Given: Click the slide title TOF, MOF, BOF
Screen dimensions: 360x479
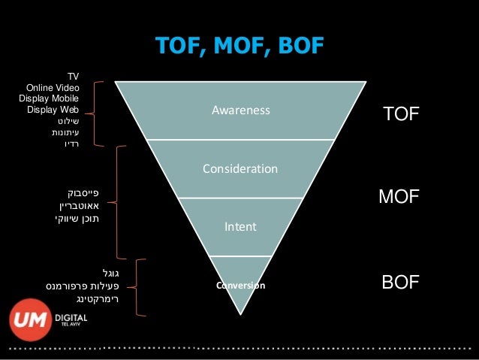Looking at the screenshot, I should (x=239, y=47).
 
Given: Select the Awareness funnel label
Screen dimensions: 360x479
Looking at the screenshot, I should (x=240, y=111).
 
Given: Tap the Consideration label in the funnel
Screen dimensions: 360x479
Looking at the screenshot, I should (x=240, y=168).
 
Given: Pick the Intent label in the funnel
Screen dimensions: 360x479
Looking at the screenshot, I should (x=240, y=225).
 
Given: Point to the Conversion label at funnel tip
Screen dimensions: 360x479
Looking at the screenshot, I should (x=240, y=286).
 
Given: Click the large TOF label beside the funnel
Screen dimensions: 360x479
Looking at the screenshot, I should (x=400, y=113).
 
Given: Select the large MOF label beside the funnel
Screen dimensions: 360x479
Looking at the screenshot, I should (x=399, y=198).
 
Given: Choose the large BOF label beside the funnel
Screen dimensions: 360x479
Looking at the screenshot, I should (x=400, y=283).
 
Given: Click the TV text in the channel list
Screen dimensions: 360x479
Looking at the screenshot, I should (x=73, y=77).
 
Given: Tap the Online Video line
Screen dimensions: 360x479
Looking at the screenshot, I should (x=53, y=88).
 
